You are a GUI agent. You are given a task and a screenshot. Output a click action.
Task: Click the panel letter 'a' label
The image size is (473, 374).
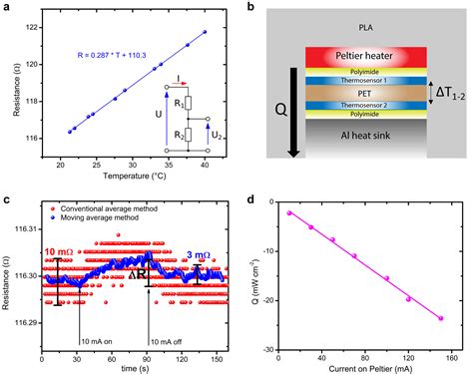point(6,8)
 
